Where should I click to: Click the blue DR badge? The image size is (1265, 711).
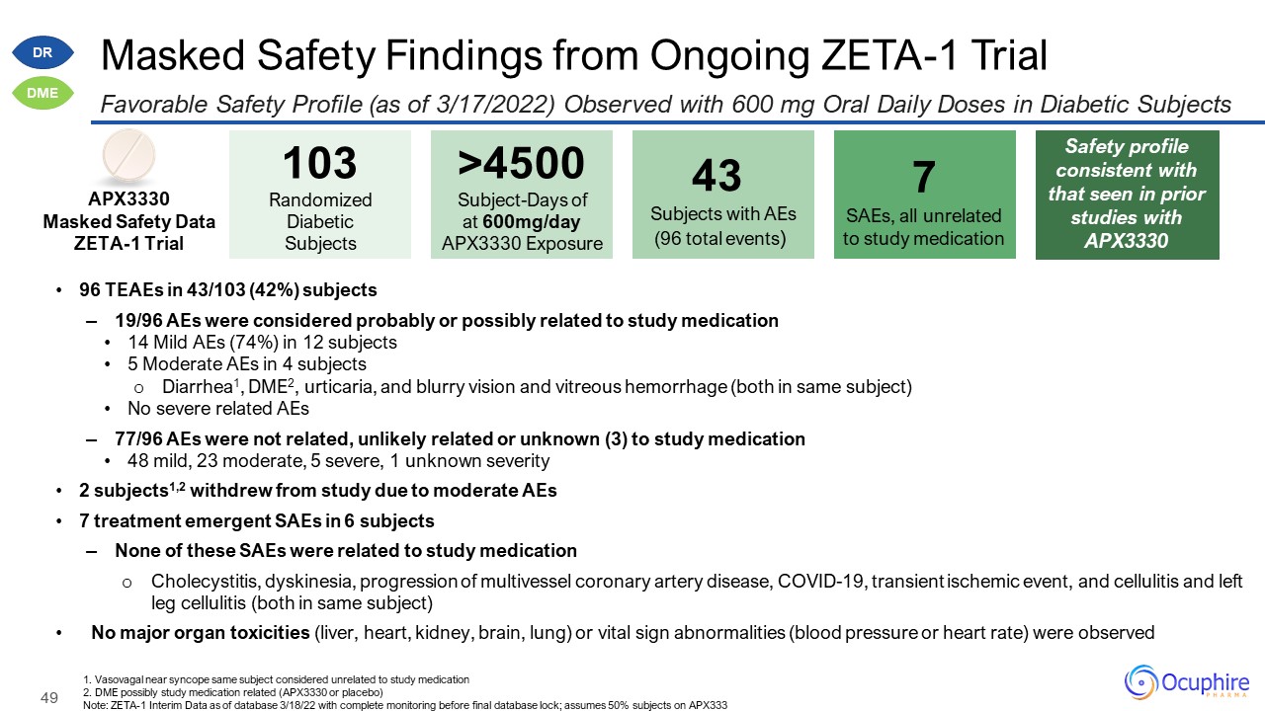coord(43,52)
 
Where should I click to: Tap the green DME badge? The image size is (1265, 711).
coord(43,93)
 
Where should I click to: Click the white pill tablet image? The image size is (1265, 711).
coord(128,156)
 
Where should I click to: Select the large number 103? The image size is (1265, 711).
coord(320,164)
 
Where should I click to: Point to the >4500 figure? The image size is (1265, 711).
coord(521,164)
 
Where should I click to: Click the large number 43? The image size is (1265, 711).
coord(717,177)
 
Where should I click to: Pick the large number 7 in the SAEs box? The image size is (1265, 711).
coord(923,177)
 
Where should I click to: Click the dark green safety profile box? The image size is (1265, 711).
coord(1127,195)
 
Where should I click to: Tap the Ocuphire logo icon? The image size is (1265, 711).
coord(1142,682)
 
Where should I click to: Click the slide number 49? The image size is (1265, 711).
coord(49,698)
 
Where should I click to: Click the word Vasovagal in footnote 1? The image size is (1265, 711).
coord(112,679)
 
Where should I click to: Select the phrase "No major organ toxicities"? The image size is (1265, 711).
coord(201,633)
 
